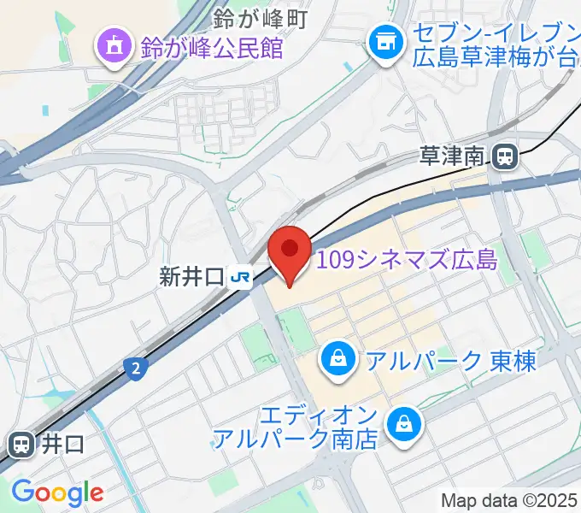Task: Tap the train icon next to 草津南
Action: [x=504, y=156]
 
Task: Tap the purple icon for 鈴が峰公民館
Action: [x=112, y=47]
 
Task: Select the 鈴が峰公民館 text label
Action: [x=212, y=48]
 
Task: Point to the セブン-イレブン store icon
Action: [x=384, y=38]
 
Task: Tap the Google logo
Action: [x=57, y=492]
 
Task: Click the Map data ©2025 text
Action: [x=509, y=500]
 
